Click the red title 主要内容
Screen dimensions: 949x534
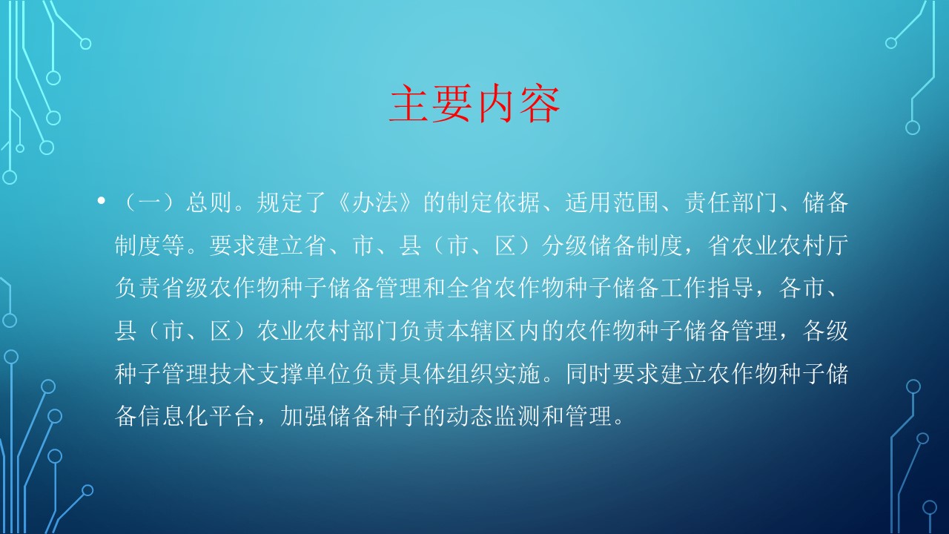pos(474,103)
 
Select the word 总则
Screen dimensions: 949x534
pos(209,202)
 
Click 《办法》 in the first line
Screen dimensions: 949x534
pos(375,202)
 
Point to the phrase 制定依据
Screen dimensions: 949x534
pos(494,202)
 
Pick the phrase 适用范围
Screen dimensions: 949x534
pos(612,202)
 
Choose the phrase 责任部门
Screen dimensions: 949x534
pos(730,202)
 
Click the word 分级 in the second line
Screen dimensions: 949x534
pos(565,245)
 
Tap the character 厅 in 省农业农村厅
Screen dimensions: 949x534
pos(837,245)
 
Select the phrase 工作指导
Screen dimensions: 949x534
pos(707,288)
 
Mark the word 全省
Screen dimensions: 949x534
pos(470,288)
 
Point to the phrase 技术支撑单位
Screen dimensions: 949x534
pos(280,373)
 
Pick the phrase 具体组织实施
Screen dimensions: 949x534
pos(470,373)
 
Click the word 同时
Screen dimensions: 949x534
pos(589,373)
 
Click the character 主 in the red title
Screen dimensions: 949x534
pos(409,103)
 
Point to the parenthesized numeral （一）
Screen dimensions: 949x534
pos(150,202)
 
